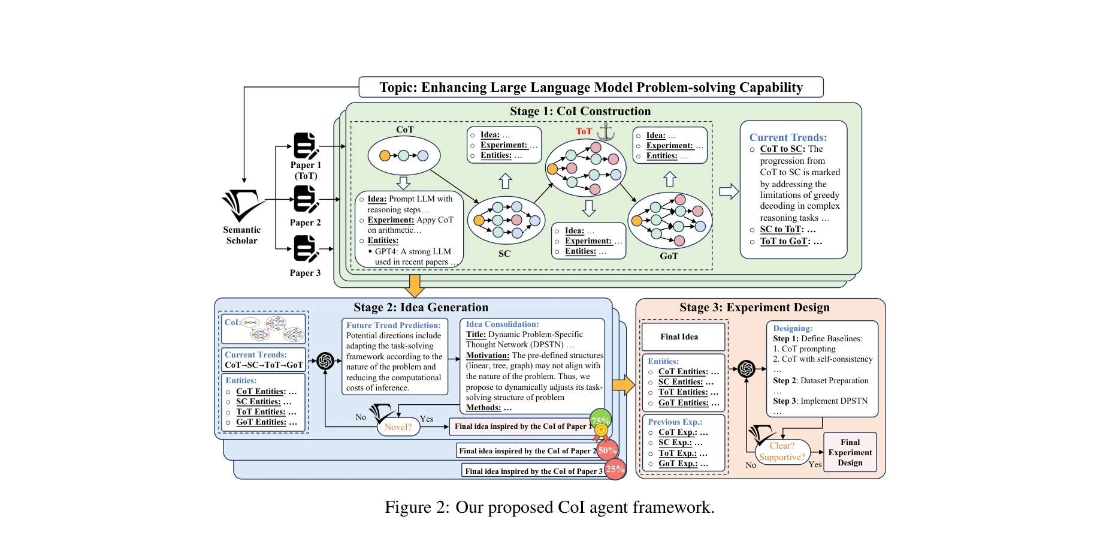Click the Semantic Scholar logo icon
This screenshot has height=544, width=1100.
[x=242, y=206]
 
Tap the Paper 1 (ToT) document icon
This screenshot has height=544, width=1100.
[x=306, y=146]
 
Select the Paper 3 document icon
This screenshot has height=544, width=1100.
[x=306, y=248]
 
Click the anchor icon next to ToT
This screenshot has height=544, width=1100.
[x=606, y=131]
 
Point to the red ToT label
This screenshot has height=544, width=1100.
[x=584, y=131]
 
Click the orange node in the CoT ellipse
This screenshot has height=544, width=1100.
[x=385, y=156]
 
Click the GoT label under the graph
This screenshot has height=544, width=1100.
[x=669, y=256]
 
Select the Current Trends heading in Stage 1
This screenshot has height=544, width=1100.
[x=788, y=137]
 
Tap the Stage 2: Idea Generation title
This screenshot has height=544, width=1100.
[x=421, y=307]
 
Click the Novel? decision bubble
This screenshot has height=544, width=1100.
[x=398, y=427]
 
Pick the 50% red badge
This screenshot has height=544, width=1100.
[x=607, y=450]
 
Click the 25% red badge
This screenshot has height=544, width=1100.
[x=615, y=469]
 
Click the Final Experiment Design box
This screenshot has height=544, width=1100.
[x=850, y=452]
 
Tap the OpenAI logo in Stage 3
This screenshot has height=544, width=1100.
[x=747, y=368]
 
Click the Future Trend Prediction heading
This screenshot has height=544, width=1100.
[x=393, y=325]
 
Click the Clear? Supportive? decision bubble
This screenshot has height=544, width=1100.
[x=782, y=452]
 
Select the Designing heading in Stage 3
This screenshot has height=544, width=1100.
[x=792, y=328]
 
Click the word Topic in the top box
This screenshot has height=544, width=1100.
[x=398, y=88]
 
